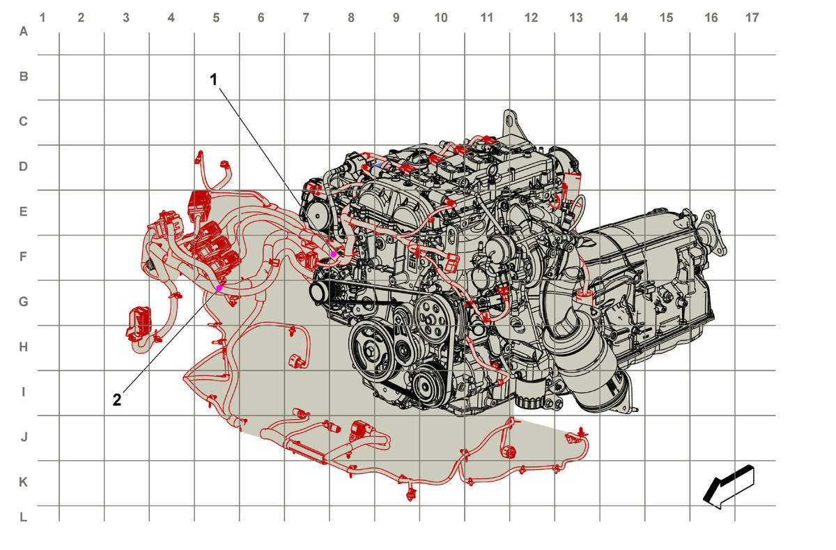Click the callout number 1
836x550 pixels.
(213, 79)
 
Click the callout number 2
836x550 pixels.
(117, 400)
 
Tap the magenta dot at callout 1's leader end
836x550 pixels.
(334, 254)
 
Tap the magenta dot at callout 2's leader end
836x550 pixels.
(219, 288)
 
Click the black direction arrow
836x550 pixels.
(729, 487)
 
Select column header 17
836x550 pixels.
(752, 17)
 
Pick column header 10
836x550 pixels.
(441, 17)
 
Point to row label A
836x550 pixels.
(24, 31)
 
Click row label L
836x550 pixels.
(24, 517)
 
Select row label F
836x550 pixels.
(23, 257)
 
